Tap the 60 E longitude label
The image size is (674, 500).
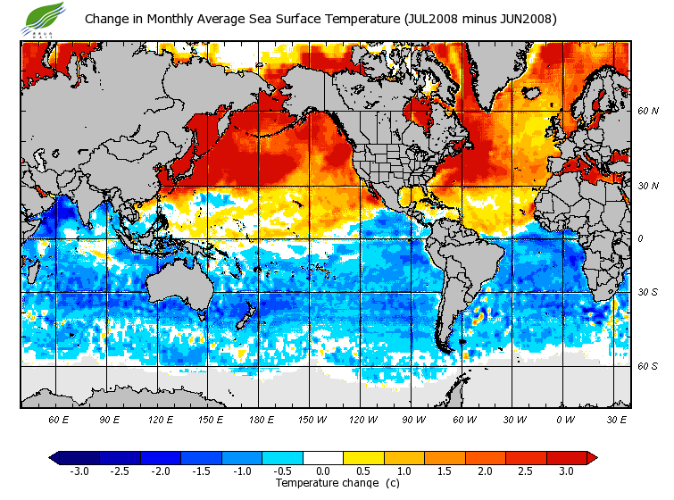point(59,419)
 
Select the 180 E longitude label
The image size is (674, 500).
point(261,419)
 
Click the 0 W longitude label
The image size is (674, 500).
point(564,419)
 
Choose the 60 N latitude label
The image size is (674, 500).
point(647,112)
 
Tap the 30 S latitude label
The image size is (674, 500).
point(647,293)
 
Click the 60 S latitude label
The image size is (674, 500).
point(647,366)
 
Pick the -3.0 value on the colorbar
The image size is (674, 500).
point(79,471)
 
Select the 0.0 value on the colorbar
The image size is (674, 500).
point(323,471)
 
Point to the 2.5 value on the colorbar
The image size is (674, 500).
point(525,471)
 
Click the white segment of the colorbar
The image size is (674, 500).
point(323,457)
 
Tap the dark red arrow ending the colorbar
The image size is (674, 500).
point(591,457)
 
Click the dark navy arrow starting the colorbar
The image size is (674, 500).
point(54,457)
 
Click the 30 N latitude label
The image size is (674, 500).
point(647,185)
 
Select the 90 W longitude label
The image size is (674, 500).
point(412,419)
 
